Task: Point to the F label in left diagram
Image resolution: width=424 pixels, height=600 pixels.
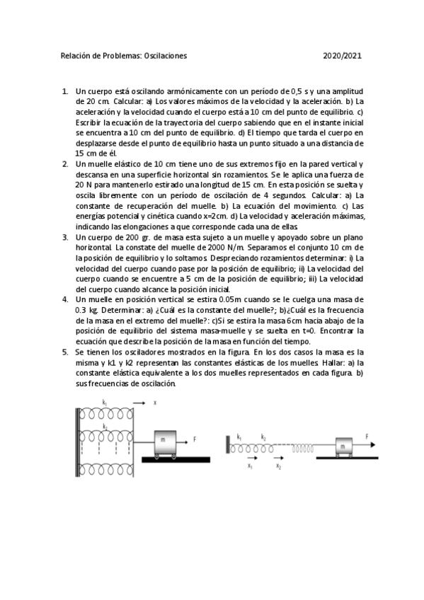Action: [x=195, y=439]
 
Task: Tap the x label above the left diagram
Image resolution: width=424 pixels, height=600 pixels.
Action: [x=154, y=403]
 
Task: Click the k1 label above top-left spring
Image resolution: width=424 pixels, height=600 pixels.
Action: [x=104, y=402]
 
